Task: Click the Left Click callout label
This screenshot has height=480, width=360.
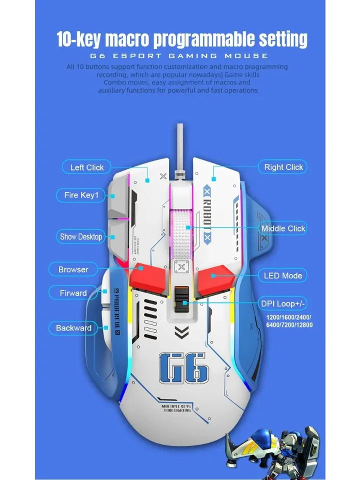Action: [87, 167]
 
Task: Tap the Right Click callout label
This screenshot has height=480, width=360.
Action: [283, 167]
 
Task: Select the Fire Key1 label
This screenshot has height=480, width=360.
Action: [81, 195]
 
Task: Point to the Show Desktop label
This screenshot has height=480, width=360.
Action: [81, 236]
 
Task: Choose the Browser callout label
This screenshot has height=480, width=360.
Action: [73, 269]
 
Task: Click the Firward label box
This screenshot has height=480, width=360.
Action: [73, 293]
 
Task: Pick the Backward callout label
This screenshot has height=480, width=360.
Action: [73, 328]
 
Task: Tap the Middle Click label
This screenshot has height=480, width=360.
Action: [283, 228]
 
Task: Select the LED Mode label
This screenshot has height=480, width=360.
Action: [283, 275]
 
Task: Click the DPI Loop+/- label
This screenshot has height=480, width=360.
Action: [283, 303]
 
